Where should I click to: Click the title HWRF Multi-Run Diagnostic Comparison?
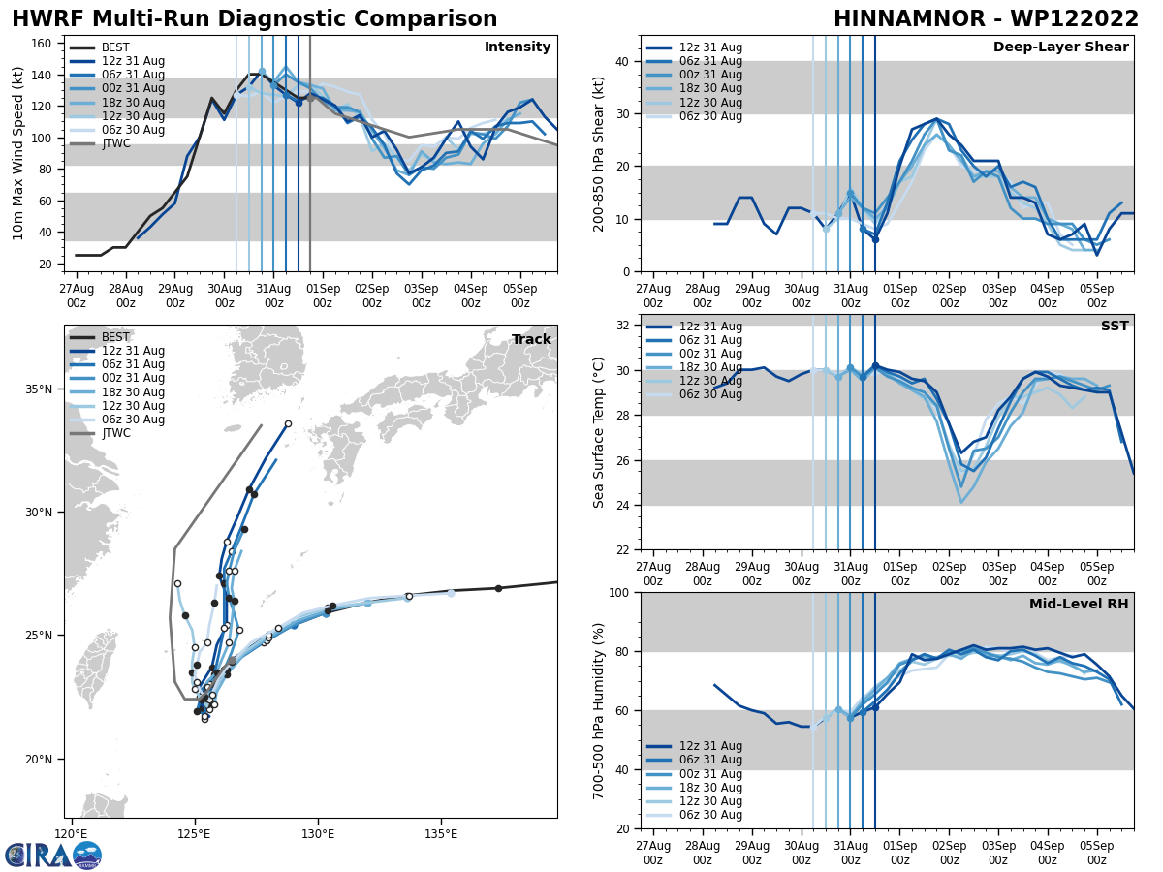tap(254, 19)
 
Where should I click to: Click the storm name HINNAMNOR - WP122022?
tap(986, 19)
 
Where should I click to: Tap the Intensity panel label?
tap(517, 47)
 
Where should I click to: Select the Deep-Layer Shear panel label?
tap(1060, 47)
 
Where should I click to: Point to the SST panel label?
tap(1114, 327)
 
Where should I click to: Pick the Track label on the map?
tap(531, 340)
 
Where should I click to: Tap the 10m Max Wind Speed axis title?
tap(18, 153)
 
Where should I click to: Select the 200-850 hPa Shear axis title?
tap(600, 153)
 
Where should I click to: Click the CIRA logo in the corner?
tap(52, 855)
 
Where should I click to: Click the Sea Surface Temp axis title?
tap(599, 432)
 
